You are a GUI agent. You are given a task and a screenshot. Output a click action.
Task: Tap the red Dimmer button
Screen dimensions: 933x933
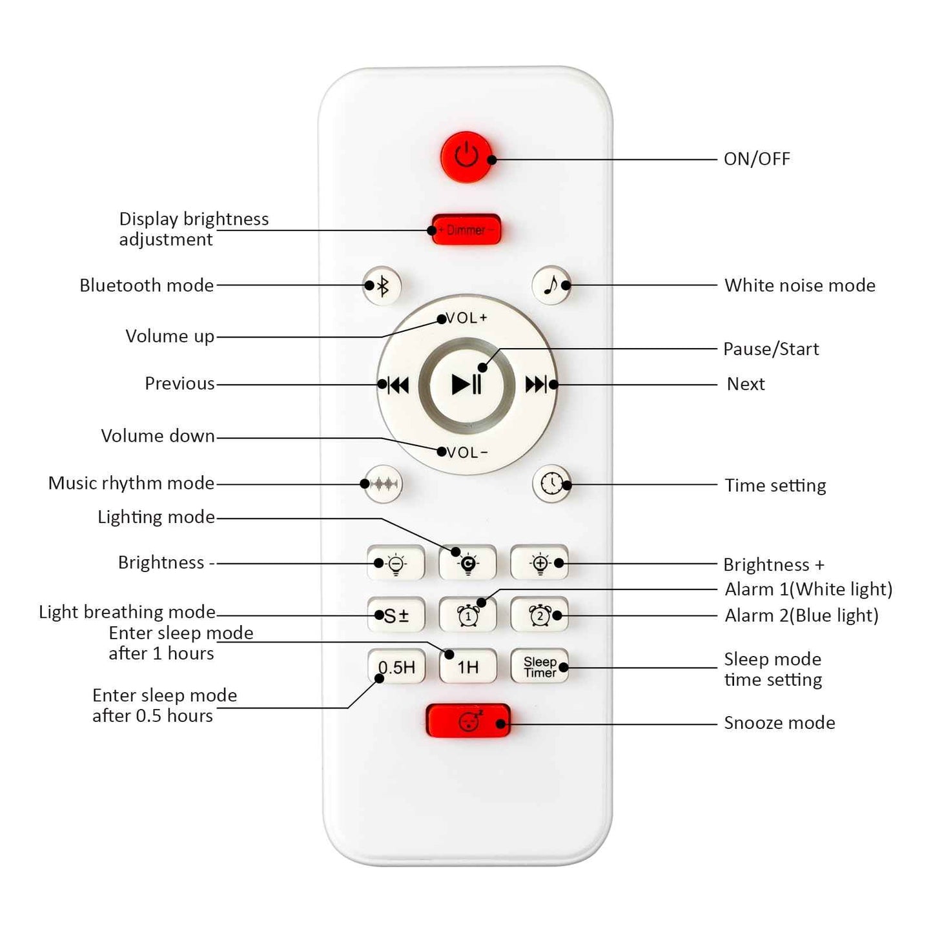(x=466, y=230)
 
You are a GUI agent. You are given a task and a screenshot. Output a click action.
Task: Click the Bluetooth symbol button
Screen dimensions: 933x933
(x=382, y=285)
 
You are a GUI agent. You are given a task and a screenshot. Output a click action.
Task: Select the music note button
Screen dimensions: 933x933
(x=551, y=285)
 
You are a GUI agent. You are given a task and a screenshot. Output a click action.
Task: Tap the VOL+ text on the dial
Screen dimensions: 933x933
(x=467, y=318)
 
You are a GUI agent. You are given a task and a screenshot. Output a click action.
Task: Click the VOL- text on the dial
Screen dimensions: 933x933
(x=467, y=452)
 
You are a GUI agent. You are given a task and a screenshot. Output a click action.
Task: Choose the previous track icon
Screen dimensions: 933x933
(x=395, y=385)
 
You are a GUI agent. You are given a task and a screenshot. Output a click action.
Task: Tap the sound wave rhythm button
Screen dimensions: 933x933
(x=383, y=484)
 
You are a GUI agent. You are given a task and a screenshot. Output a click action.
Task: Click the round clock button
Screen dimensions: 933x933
(x=551, y=484)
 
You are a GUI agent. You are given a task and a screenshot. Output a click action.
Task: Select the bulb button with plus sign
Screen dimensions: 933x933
(x=539, y=563)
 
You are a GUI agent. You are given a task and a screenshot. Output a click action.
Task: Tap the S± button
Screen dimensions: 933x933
(x=396, y=615)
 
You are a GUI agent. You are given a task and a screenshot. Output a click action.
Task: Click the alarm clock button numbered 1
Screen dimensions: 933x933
(x=467, y=615)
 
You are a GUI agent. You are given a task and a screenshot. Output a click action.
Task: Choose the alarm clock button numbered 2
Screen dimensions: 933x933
(x=539, y=615)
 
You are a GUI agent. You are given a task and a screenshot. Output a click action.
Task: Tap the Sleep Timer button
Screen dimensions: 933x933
(x=539, y=667)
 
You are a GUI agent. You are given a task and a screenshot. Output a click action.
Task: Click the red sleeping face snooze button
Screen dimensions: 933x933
(x=468, y=721)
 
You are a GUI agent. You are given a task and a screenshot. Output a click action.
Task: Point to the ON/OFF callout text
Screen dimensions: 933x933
(x=757, y=159)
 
